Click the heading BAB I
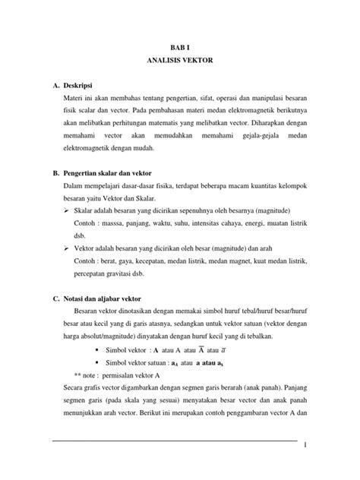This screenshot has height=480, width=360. click(x=179, y=46)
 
